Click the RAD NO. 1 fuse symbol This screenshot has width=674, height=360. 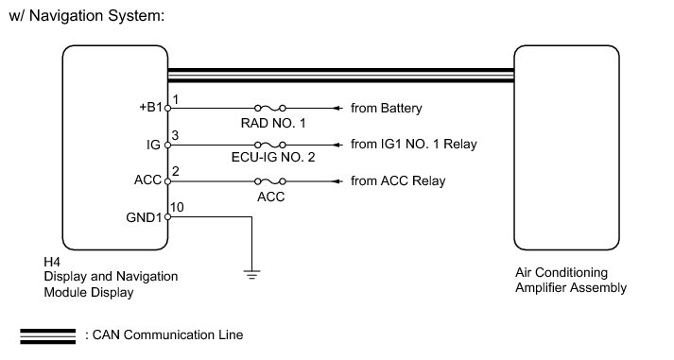(270, 108)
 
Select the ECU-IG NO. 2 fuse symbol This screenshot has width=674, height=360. (270, 145)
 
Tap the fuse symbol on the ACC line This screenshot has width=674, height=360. (270, 181)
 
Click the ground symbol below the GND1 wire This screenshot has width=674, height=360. (251, 274)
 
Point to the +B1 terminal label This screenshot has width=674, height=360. (150, 107)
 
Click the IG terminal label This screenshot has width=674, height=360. (153, 145)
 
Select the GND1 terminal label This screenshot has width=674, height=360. (144, 217)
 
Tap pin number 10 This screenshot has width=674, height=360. (177, 207)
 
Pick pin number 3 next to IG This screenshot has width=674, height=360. (175, 135)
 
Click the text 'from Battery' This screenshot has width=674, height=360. (387, 109)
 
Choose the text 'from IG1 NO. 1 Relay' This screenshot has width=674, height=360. (414, 144)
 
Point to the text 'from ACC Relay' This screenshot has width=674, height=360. (398, 180)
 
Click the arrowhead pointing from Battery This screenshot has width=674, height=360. (337, 109)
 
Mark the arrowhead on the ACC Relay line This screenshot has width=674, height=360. (337, 181)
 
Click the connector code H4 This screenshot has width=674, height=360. (52, 262)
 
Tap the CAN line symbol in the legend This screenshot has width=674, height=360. (47, 336)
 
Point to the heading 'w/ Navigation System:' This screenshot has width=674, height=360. (87, 16)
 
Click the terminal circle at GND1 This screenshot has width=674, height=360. (167, 217)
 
